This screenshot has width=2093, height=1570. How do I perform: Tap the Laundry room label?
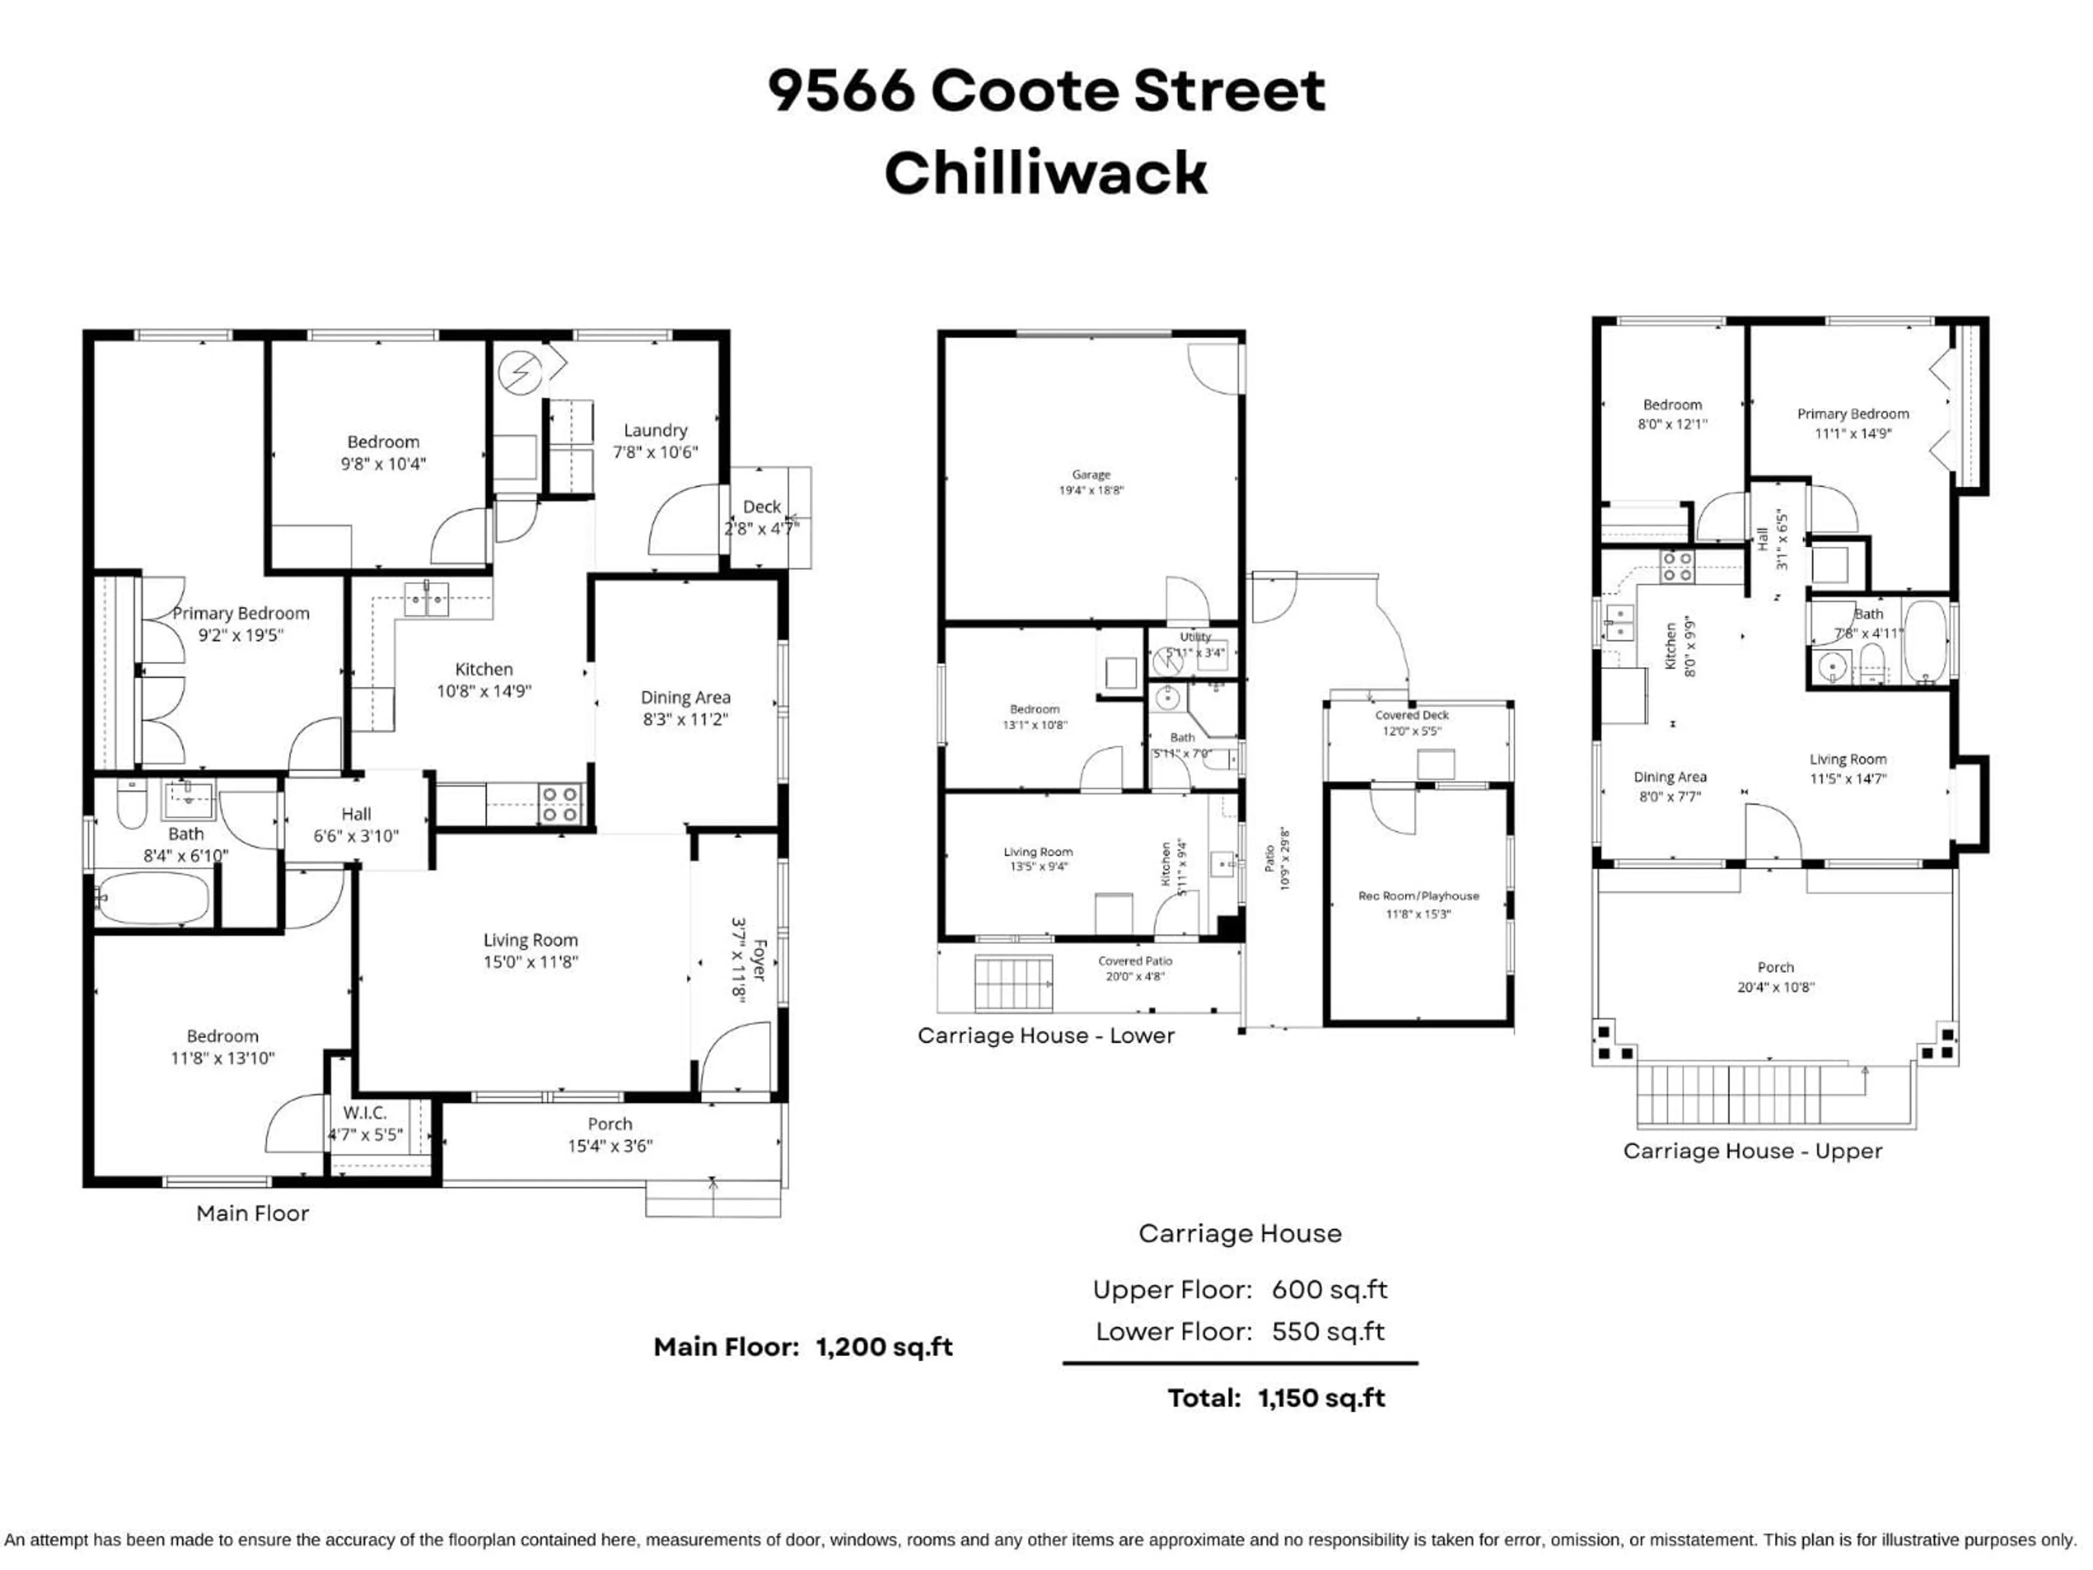655,431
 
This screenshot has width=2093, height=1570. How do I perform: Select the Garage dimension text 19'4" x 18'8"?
1091,490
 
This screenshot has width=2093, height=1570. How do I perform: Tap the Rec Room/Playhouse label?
1418,895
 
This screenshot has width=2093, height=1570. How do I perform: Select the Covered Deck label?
1412,715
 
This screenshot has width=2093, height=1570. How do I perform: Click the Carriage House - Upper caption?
1752,1151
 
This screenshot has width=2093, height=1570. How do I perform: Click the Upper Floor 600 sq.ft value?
1329,1290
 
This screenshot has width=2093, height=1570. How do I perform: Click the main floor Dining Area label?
685,697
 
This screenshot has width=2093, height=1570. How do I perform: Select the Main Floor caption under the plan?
253,1213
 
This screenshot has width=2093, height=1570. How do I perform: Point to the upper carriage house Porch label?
1775,967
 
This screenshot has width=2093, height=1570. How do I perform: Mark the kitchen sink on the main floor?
427,599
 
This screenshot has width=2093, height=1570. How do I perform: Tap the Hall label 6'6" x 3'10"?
356,814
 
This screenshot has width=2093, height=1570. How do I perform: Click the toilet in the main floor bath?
131,805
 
